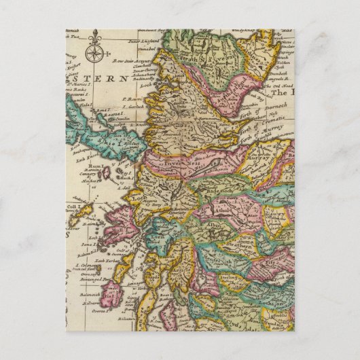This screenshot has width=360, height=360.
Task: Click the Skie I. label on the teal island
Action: coord(109,143)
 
